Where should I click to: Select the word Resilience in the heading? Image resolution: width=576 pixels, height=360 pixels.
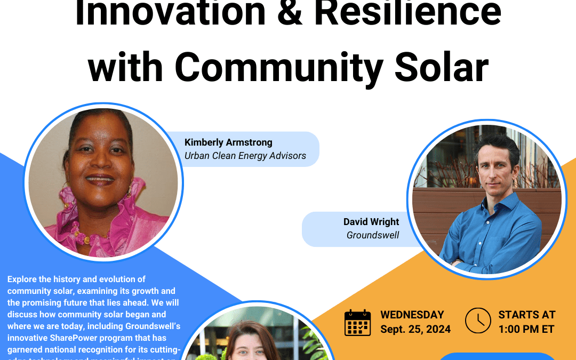(x=408, y=13)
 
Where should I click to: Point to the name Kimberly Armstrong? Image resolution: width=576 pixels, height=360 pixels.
(x=228, y=142)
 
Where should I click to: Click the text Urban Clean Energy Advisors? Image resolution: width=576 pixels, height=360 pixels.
(x=245, y=156)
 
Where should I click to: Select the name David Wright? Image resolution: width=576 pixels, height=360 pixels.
(x=371, y=222)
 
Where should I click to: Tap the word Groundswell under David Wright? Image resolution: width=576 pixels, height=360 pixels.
(x=373, y=235)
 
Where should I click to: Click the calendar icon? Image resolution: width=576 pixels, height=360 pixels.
(x=357, y=323)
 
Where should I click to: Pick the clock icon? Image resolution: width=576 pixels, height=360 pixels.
(x=478, y=321)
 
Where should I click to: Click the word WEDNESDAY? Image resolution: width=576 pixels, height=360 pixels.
(x=412, y=315)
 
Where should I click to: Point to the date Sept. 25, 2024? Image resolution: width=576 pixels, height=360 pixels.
(x=415, y=329)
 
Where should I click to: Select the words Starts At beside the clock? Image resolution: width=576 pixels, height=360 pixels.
(x=526, y=315)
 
